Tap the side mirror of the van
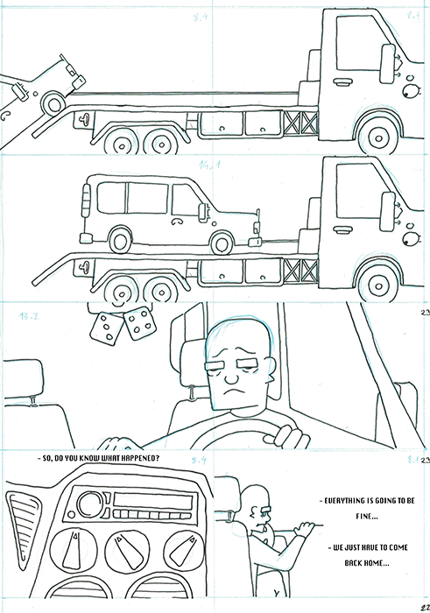(x=203, y=211)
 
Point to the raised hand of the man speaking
(x=304, y=529)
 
